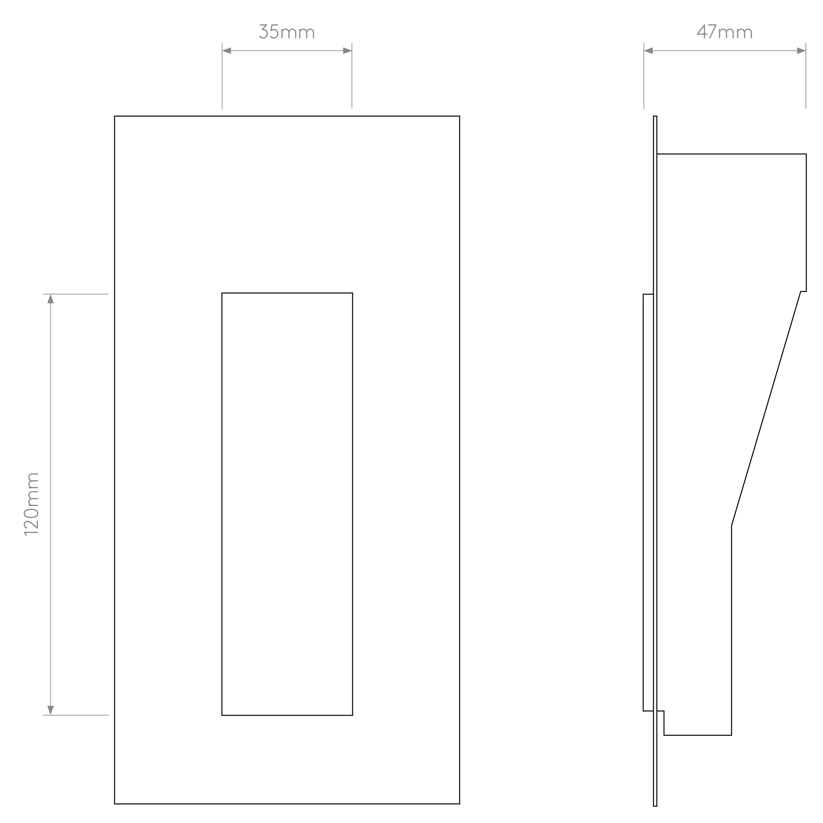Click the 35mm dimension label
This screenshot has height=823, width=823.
pos(287,32)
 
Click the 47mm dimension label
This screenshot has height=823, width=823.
pos(725,32)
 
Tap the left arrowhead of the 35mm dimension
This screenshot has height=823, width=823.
pos(226,51)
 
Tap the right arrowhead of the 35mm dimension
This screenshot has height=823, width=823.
pos(347,51)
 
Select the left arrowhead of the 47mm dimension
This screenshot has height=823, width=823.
pos(648,51)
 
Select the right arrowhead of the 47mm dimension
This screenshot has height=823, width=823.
pos(801,51)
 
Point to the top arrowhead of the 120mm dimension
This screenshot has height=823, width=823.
pos(50,299)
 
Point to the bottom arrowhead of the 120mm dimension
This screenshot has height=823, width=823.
pos(50,710)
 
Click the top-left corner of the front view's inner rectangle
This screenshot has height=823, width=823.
pos(222,293)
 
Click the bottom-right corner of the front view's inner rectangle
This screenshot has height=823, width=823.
pos(352,715)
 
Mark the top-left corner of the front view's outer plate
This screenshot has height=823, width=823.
pos(115,116)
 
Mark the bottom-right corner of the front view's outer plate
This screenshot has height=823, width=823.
pos(460,804)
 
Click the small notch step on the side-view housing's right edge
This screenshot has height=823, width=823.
pos(803,291)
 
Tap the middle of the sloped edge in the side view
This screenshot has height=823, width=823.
pos(766,409)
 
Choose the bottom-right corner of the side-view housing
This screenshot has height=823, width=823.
pos(731,735)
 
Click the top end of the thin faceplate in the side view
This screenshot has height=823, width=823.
pos(655,116)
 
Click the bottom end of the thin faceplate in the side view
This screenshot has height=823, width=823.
pos(655,806)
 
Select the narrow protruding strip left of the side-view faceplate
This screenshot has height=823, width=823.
pos(648,503)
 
